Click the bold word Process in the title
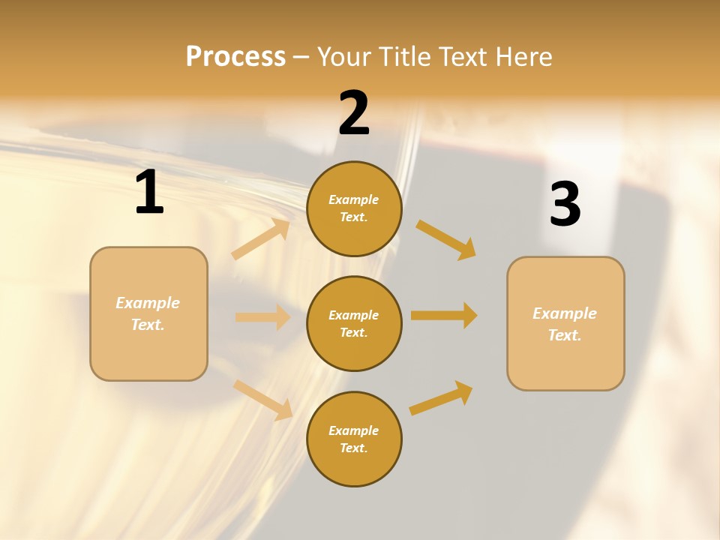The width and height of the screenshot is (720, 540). click(235, 57)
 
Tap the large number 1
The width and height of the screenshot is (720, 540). click(149, 193)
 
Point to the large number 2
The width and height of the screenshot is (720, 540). click(354, 113)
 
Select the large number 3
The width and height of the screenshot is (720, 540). click(565, 205)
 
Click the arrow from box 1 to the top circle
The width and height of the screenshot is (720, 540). click(261, 239)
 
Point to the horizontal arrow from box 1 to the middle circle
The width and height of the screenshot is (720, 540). click(262, 317)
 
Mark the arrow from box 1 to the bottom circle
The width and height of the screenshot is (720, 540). click(262, 399)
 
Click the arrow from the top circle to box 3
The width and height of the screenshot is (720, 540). click(446, 239)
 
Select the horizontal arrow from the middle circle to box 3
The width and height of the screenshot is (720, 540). click(444, 315)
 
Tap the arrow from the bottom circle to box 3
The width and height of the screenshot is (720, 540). click(441, 397)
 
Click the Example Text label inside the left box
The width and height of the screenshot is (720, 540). click(148, 313)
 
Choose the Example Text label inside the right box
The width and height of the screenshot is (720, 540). click(565, 324)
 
